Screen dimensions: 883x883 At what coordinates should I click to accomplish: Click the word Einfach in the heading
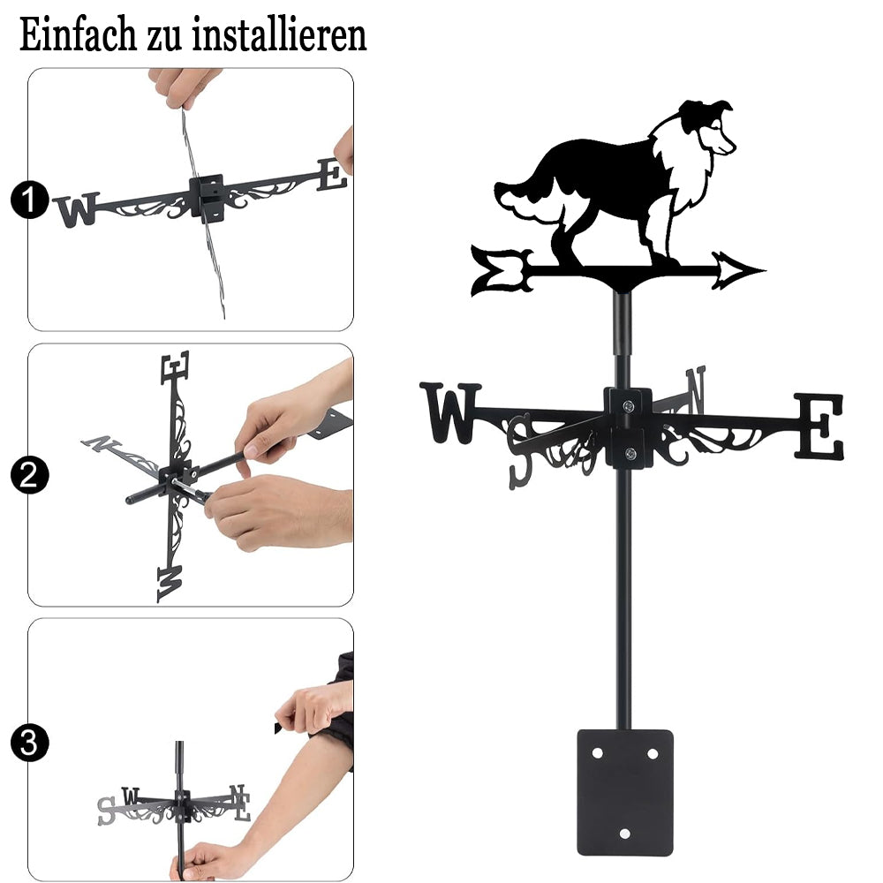78,35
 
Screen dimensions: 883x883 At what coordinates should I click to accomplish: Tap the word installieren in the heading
279,35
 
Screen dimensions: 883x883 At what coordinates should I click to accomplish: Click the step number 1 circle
29,200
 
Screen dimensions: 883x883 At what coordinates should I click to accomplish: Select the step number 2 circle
29,475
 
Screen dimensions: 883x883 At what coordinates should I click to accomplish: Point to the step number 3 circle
29,743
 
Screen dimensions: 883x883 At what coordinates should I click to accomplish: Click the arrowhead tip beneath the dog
765,271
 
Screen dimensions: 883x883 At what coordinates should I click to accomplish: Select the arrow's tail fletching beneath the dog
502,270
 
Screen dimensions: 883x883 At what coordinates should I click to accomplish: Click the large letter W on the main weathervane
450,412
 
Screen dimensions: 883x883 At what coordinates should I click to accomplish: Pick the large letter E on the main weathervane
819,426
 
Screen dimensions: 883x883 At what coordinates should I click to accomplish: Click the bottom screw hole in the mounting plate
624,834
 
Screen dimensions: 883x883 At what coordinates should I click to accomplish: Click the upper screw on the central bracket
628,405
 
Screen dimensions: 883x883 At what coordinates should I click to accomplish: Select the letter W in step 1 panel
77,210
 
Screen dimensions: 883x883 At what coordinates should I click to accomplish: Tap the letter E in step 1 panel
332,175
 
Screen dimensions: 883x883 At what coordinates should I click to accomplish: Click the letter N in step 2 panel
102,443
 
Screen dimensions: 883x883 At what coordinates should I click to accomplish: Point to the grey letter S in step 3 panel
106,811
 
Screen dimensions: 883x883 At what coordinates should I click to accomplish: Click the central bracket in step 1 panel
207,197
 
